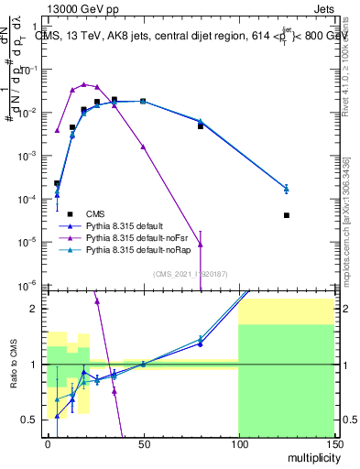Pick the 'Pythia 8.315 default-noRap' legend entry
pyautogui.click(x=138, y=248)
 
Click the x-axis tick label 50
pyautogui.click(x=143, y=442)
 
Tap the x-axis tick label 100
pyautogui.click(x=238, y=442)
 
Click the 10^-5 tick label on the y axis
pyautogui.click(x=29, y=242)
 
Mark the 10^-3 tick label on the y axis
pyautogui.click(x=29, y=156)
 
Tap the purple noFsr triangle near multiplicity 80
pyautogui.click(x=200, y=245)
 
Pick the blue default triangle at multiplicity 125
pyautogui.click(x=287, y=190)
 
